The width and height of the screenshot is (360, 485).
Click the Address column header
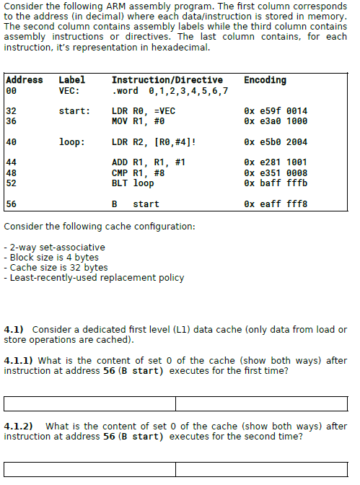(x=25, y=80)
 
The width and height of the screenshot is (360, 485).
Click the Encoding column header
(x=265, y=80)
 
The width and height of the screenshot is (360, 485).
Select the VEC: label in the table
(x=69, y=91)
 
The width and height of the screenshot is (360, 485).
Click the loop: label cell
(x=71, y=142)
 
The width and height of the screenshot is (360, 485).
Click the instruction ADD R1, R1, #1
(x=149, y=162)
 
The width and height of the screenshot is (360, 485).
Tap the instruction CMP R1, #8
(x=139, y=173)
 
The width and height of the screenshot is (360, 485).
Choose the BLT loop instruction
(x=133, y=183)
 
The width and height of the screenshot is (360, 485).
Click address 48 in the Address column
(x=11, y=173)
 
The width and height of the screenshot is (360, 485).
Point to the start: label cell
(x=74, y=111)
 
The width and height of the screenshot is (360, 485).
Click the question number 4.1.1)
(x=19, y=360)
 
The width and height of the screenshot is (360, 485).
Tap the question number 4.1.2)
(x=19, y=427)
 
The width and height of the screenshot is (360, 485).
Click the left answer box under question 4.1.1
(x=89, y=403)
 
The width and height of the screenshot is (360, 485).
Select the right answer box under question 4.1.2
(x=261, y=469)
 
